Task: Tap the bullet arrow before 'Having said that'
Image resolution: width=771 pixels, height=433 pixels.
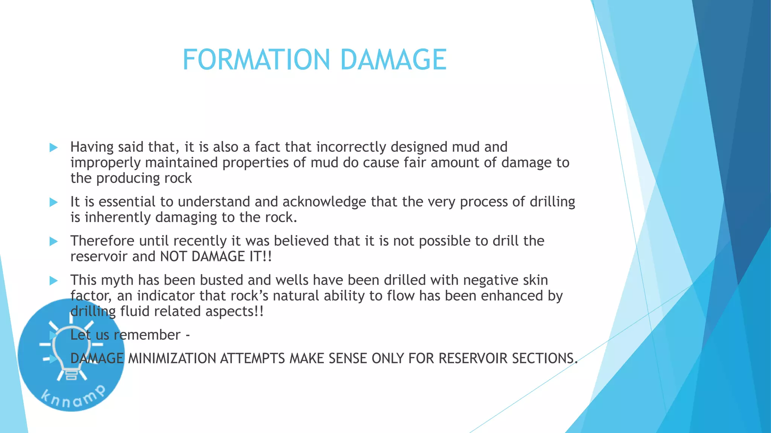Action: point(53,148)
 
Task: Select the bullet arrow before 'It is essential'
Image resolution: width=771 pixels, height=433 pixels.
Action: point(53,203)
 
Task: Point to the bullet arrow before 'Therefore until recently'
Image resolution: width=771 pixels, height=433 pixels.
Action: point(53,242)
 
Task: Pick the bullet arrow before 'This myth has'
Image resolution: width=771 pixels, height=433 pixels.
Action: point(53,281)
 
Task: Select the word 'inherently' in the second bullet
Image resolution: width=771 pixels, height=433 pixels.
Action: point(117,218)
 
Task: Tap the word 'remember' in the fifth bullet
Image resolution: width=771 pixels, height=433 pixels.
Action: point(147,335)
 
